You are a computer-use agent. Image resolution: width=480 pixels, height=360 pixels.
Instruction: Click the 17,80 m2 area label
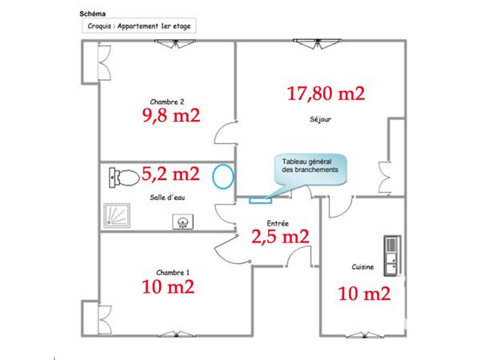click(x=326, y=94)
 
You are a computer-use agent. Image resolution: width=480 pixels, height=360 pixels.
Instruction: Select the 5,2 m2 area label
click(x=170, y=173)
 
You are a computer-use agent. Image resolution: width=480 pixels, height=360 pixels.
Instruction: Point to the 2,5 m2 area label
click(x=281, y=236)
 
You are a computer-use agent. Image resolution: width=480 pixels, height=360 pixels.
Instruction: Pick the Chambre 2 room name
click(x=167, y=102)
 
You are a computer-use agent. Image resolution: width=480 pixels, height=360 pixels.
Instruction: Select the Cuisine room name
click(x=364, y=267)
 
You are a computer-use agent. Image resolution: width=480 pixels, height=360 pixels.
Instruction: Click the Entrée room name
click(x=278, y=223)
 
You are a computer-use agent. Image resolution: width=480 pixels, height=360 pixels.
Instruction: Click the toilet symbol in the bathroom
click(x=120, y=178)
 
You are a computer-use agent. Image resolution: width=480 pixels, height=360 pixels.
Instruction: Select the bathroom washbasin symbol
click(x=183, y=219)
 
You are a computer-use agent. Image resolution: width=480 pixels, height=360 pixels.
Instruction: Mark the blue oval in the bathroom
click(x=223, y=177)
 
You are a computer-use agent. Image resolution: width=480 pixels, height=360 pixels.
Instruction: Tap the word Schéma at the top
click(x=94, y=14)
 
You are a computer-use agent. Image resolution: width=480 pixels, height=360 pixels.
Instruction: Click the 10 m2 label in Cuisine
click(x=363, y=294)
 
